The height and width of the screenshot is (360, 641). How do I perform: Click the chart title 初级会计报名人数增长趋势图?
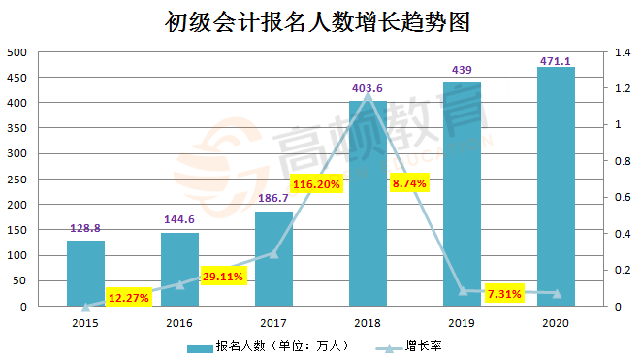tap(319, 22)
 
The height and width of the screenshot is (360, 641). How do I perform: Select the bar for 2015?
tap(85, 274)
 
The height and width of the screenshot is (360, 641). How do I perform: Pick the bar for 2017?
tap(273, 259)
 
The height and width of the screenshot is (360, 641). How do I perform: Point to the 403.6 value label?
tap(368, 89)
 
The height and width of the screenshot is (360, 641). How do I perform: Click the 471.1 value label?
tap(556, 62)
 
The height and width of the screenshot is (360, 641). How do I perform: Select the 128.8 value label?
tap(85, 229)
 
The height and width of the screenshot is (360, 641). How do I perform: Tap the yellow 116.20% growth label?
tap(315, 183)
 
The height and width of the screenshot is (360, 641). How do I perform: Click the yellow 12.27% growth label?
tap(128, 297)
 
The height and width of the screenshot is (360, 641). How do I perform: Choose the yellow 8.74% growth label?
tap(409, 181)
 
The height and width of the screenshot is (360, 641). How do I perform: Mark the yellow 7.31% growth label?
tap(503, 293)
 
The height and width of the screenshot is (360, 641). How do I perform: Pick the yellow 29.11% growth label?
tap(223, 276)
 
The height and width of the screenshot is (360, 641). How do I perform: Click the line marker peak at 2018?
tap(368, 95)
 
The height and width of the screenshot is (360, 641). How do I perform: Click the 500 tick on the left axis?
tap(16, 51)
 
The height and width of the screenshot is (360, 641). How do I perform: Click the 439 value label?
tap(462, 71)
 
